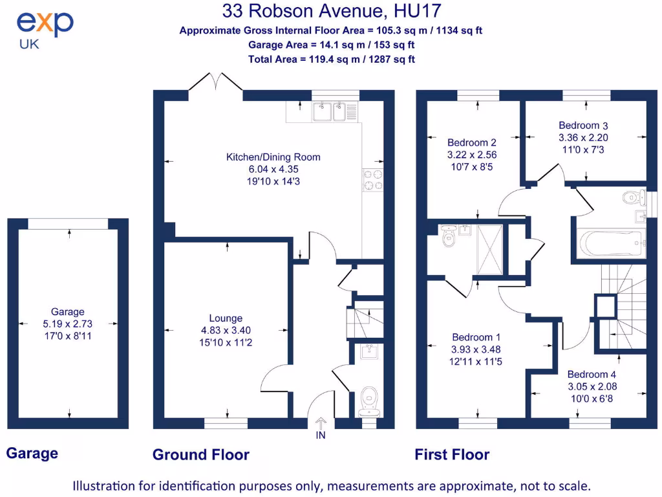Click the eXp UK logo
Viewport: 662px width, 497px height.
pyautogui.click(x=44, y=30)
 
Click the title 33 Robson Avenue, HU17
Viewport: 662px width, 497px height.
pyautogui.click(x=332, y=11)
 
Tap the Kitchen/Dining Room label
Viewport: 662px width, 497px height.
pyautogui.click(x=273, y=157)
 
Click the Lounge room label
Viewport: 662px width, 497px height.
pyautogui.click(x=226, y=318)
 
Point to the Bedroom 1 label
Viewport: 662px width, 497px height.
pyautogui.click(x=476, y=337)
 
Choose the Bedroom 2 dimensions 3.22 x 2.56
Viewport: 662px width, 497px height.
pyautogui.click(x=472, y=155)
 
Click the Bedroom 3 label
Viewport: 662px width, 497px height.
pyautogui.click(x=583, y=126)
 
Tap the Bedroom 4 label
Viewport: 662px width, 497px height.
pyautogui.click(x=592, y=374)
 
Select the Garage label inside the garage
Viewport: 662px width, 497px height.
pyautogui.click(x=68, y=312)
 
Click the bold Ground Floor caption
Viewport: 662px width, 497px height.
pyautogui.click(x=200, y=455)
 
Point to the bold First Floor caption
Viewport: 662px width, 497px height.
pyautogui.click(x=452, y=455)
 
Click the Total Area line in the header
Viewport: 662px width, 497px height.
pyautogui.click(x=331, y=59)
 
